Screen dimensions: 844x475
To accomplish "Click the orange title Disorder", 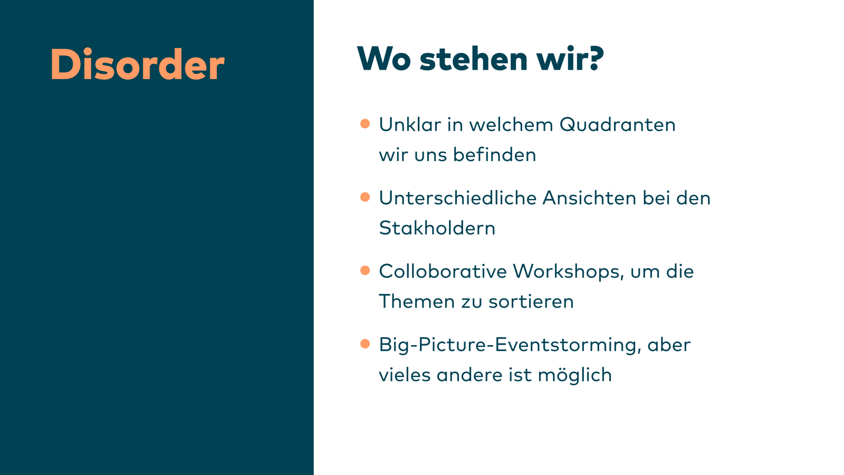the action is click(138, 64).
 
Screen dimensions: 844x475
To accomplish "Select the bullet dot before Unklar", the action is click(365, 123).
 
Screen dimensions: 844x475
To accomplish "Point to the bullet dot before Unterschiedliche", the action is click(365, 197).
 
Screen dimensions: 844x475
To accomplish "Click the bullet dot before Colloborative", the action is click(365, 270).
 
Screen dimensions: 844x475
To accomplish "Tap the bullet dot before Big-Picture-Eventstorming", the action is click(365, 344).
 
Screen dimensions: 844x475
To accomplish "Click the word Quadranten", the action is click(618, 125).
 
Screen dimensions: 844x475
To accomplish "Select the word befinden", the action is click(494, 155).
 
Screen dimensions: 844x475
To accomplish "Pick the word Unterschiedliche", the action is click(458, 198).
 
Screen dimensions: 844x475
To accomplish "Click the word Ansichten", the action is click(589, 198).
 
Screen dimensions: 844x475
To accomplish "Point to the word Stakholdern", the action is click(437, 228).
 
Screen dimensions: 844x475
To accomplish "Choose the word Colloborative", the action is click(443, 271).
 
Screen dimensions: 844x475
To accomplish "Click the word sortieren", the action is click(531, 301).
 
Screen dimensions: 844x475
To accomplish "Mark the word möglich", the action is click(575, 375).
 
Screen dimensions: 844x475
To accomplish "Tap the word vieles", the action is click(405, 375).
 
